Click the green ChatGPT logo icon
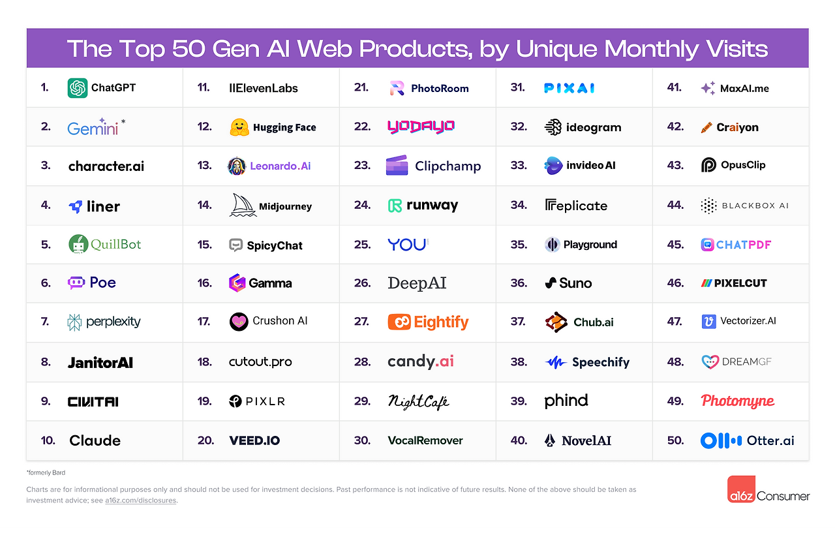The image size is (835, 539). click(78, 88)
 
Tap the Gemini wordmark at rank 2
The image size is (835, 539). click(93, 128)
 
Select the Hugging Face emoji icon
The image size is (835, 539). click(239, 127)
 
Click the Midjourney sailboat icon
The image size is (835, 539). click(242, 205)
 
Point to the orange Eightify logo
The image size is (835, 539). click(428, 322)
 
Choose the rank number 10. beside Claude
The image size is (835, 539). click(48, 440)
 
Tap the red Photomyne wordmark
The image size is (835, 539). click(737, 401)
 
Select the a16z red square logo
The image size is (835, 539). click(741, 489)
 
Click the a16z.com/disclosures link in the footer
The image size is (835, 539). click(140, 501)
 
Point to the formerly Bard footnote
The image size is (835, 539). click(46, 472)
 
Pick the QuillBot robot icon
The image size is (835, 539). click(78, 245)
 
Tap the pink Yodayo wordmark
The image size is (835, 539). click(421, 127)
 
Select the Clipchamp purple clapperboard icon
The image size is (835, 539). click(397, 166)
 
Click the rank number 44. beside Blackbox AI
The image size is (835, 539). click(675, 206)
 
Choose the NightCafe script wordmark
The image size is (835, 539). click(418, 401)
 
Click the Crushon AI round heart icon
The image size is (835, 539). click(239, 322)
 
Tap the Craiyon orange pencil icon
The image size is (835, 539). click(706, 128)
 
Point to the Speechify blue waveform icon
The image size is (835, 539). click(555, 362)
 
